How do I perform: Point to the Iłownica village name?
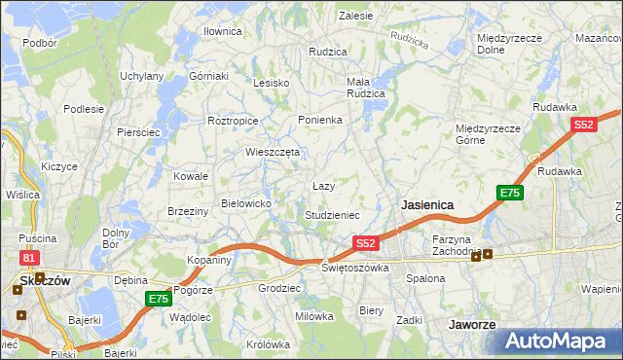coord(222,31)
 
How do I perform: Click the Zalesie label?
coord(356,16)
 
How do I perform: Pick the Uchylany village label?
coord(141,75)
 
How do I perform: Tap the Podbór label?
coord(39,43)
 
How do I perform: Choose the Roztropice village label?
coord(233,121)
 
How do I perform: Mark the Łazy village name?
coord(323,185)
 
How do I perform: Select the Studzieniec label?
coord(333,214)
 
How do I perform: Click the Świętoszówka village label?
coord(355,267)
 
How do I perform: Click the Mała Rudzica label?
coord(366,88)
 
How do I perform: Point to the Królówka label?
coord(269,344)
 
